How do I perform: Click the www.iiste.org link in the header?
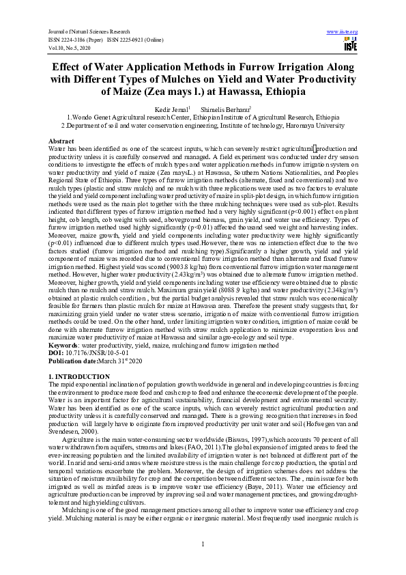[x=343, y=32]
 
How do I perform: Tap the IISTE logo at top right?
[x=350, y=45]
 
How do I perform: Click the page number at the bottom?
[x=203, y=544]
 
